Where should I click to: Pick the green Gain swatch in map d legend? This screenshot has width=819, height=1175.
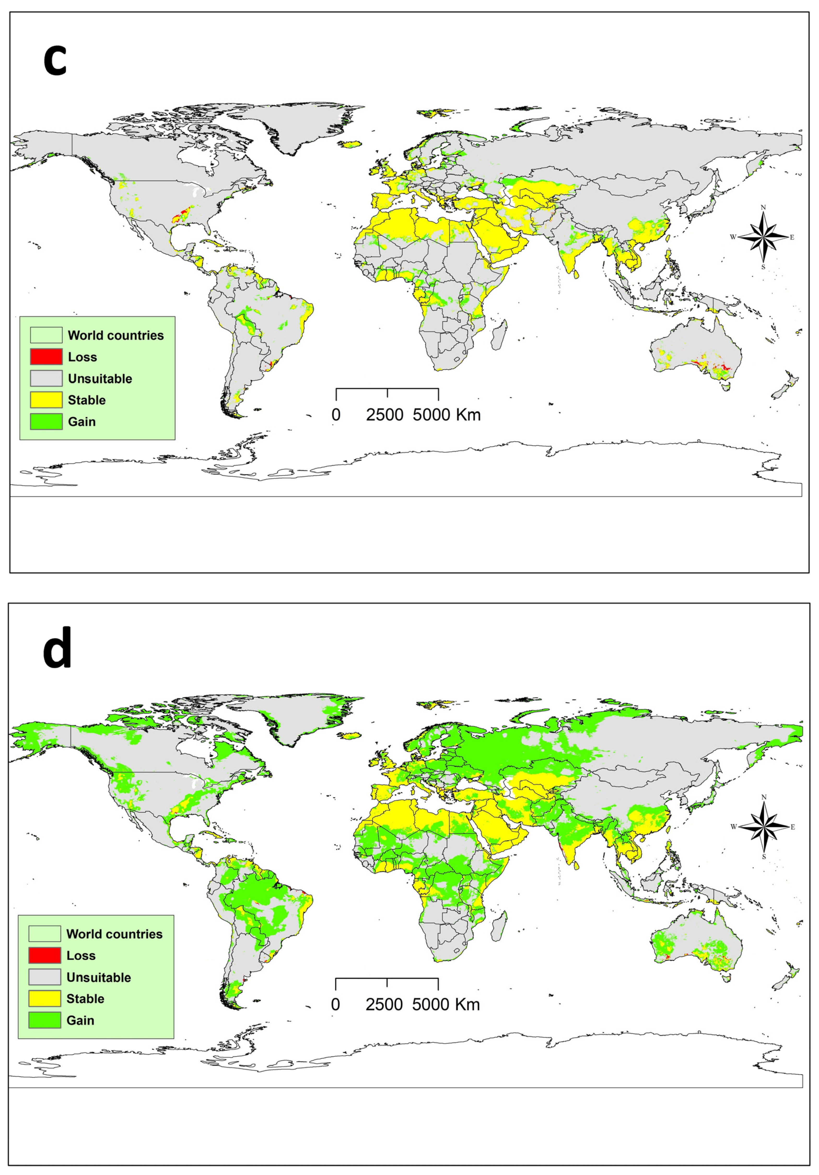pyautogui.click(x=44, y=1020)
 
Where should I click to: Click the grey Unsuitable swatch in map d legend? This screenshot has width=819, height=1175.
pyautogui.click(x=44, y=977)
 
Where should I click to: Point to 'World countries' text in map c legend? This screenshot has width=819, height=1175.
pyautogui.click(x=116, y=335)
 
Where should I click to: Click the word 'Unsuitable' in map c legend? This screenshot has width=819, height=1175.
pyautogui.click(x=100, y=379)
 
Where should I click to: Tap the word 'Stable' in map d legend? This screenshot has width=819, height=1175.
pyautogui.click(x=85, y=998)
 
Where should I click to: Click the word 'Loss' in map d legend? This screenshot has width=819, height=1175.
pyautogui.click(x=81, y=956)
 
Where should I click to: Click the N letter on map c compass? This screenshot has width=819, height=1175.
pyautogui.click(x=763, y=207)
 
